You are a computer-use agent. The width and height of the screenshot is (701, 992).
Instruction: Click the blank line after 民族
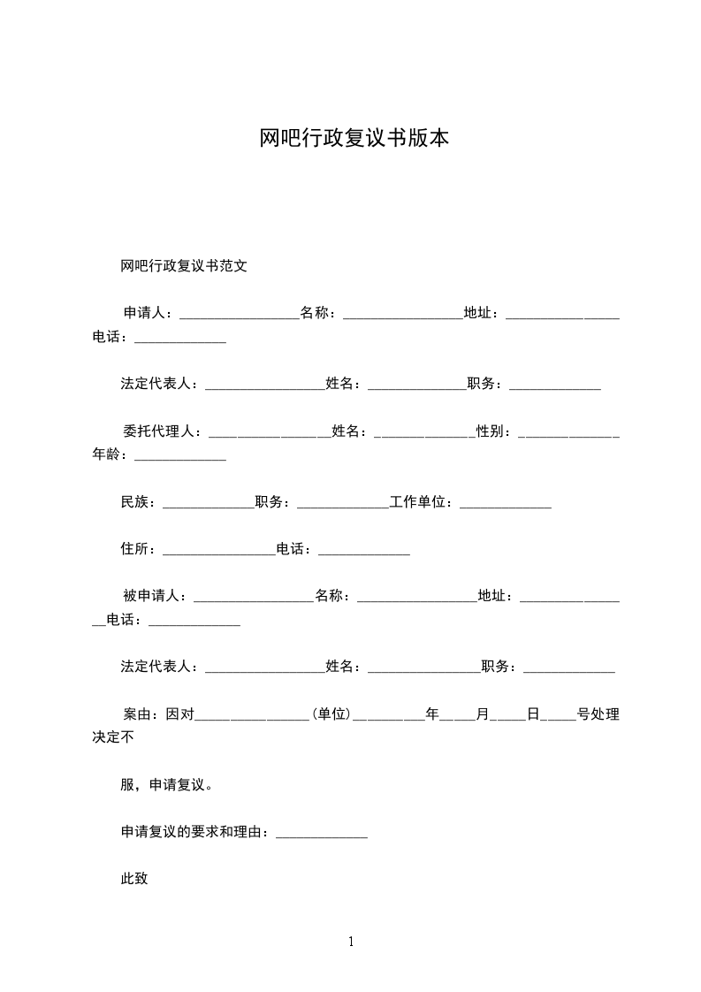coord(209,505)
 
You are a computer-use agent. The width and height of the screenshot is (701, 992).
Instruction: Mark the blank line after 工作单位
coord(506,505)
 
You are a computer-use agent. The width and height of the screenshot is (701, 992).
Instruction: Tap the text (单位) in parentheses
coord(331,714)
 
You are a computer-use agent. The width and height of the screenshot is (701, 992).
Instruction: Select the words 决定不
coord(113,737)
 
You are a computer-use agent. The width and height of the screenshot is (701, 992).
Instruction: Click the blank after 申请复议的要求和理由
coord(322,835)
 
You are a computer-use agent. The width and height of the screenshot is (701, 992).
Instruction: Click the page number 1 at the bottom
coord(351,942)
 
